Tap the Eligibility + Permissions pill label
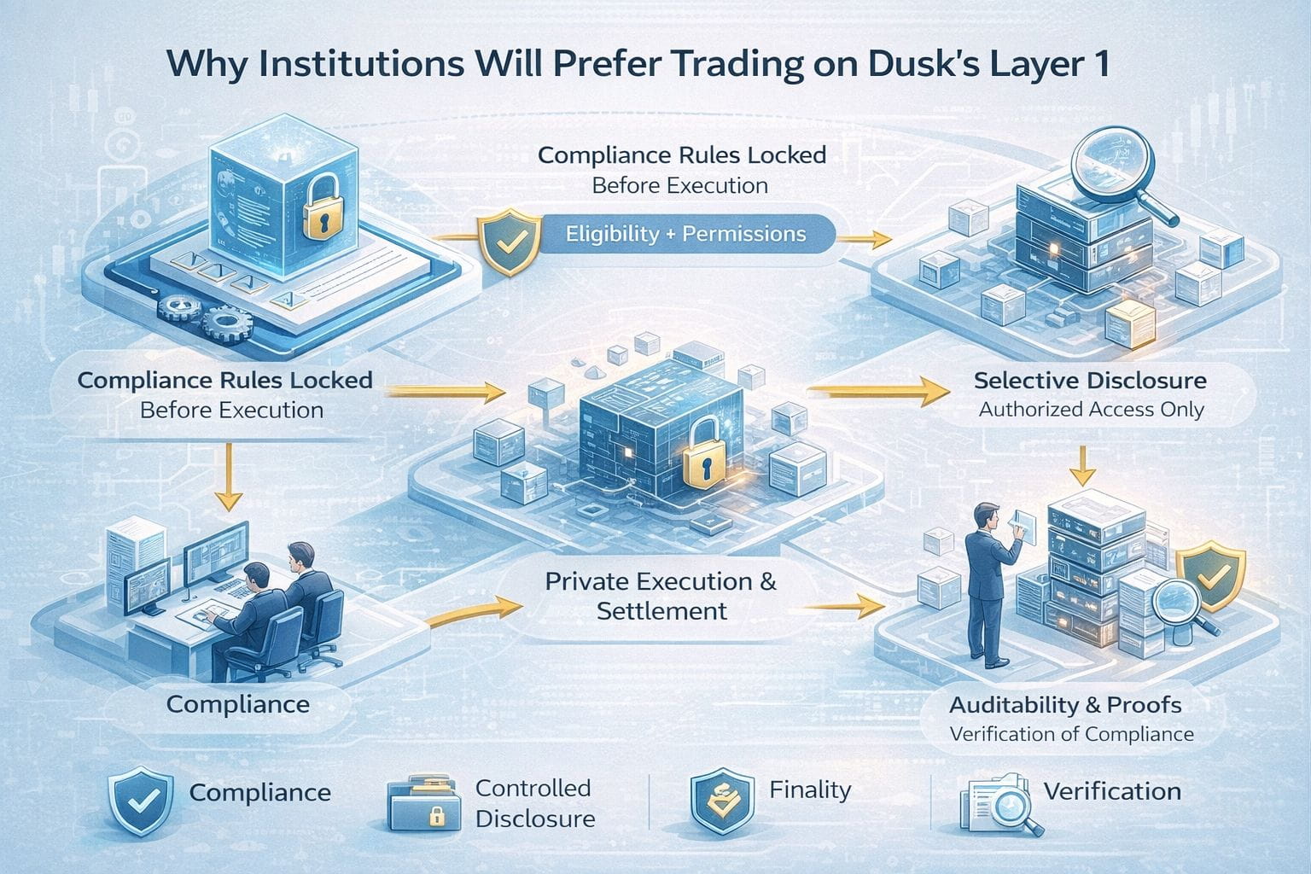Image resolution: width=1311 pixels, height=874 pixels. [686, 233]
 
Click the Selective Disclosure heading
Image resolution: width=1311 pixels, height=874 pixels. [1090, 381]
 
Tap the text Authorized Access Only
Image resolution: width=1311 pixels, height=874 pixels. [1091, 410]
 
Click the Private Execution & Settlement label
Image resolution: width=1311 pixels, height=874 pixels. [661, 596]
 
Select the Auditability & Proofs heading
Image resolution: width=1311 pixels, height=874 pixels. [1065, 705]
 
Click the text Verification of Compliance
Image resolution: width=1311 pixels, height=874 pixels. [1071, 734]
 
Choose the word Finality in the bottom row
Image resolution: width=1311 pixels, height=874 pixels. [809, 790]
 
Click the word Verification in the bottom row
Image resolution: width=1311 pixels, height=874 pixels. [1112, 791]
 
